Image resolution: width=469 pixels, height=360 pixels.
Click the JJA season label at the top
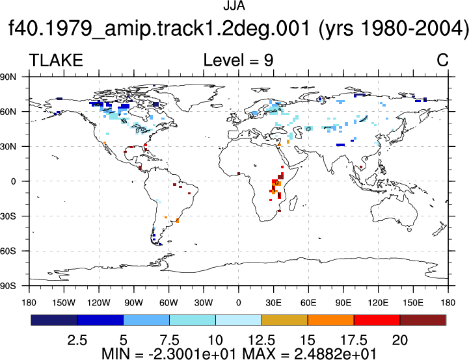[234, 6]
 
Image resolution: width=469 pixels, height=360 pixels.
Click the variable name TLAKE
[56, 60]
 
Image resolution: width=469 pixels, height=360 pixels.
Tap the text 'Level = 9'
[238, 60]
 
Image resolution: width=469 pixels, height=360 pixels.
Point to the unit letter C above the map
[442, 60]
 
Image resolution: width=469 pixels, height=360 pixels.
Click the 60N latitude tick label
[8, 112]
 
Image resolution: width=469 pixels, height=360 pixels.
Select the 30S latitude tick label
[8, 216]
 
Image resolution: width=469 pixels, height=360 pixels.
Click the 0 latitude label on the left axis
[13, 181]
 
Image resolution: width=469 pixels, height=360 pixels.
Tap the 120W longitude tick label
[99, 303]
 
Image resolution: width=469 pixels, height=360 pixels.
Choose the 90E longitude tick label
[343, 303]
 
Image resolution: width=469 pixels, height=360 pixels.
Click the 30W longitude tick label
[204, 303]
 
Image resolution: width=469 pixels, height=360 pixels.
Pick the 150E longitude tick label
[413, 303]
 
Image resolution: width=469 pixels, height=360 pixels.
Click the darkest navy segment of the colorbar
[54, 320]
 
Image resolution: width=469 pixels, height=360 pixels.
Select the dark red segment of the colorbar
[423, 320]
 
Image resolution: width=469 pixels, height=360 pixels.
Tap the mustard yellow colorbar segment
[285, 320]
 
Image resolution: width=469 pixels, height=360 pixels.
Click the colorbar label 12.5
[261, 341]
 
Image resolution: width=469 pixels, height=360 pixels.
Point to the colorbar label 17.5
[354, 341]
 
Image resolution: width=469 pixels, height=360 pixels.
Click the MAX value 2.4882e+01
[335, 354]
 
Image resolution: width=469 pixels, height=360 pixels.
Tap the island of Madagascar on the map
[293, 203]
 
